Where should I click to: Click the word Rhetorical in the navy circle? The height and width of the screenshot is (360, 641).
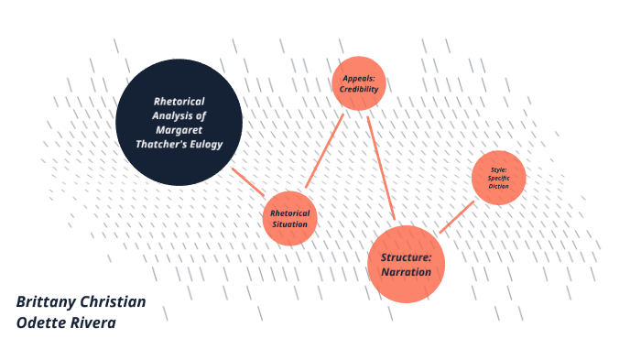point(179,101)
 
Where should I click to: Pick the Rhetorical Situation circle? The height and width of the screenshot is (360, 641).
point(289,219)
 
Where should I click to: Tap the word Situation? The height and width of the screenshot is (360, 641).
point(289,225)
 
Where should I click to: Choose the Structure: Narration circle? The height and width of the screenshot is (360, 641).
point(406,263)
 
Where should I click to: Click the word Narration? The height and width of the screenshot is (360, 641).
point(406,272)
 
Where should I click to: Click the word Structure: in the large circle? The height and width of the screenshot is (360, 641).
point(406,256)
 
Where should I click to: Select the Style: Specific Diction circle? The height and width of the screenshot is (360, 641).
point(498,177)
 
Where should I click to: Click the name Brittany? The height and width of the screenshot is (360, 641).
point(48,302)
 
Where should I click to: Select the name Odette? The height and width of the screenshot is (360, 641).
point(42,322)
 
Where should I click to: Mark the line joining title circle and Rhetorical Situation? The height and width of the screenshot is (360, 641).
point(248,181)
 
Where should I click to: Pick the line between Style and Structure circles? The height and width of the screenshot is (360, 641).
point(456,217)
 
